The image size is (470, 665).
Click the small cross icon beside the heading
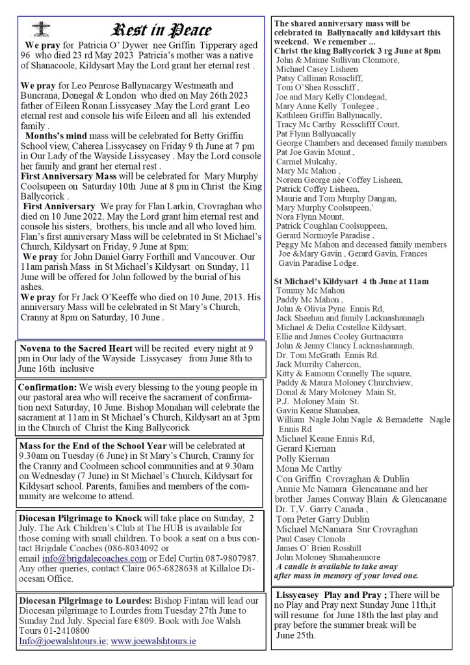click(40, 29)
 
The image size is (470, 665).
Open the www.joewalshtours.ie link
click(153, 640)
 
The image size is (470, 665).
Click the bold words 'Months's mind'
click(55, 154)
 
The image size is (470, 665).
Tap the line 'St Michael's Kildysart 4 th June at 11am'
click(352, 281)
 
